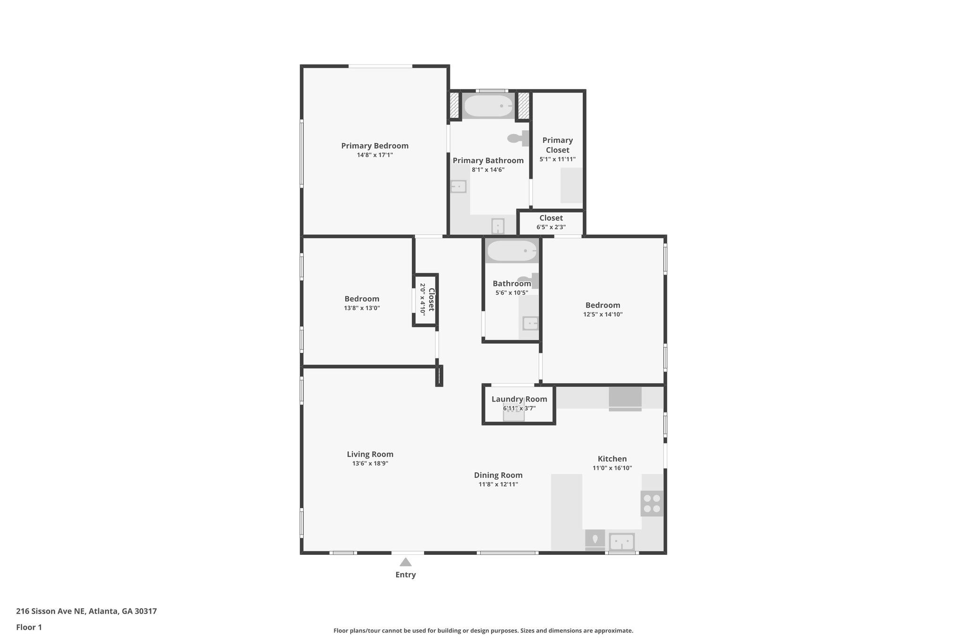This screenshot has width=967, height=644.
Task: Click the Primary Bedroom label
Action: click(374, 146)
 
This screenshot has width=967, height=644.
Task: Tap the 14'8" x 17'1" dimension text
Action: click(374, 155)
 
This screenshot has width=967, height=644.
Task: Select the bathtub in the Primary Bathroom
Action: click(488, 106)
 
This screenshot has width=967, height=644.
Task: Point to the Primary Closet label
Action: click(557, 145)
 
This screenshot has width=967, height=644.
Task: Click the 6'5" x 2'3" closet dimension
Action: click(551, 227)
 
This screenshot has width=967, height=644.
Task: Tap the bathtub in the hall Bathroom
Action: click(512, 251)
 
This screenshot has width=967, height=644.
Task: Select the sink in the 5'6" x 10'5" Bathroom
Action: click(530, 324)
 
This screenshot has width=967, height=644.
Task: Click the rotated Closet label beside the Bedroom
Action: click(431, 300)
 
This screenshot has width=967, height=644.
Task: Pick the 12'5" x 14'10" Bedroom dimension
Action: click(602, 315)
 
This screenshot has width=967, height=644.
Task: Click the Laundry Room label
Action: click(519, 399)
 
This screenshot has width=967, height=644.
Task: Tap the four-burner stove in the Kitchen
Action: click(652, 503)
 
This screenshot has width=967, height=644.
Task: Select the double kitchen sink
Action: click(621, 542)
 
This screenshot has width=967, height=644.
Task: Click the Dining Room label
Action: click(498, 475)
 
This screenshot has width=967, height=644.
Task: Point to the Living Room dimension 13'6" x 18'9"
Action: click(370, 464)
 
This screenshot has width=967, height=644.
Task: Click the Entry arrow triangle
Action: click(406, 562)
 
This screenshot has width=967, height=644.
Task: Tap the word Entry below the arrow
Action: click(406, 575)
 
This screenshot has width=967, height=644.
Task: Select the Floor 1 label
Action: click(29, 627)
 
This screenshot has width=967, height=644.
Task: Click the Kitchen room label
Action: click(612, 459)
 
